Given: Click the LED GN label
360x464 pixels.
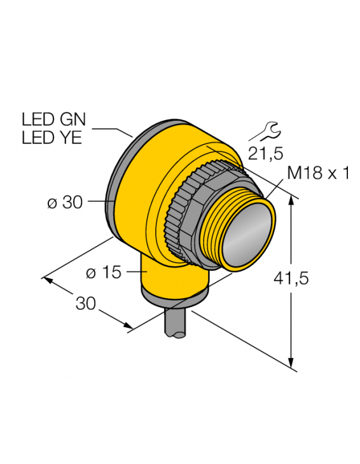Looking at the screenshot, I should (x=53, y=119).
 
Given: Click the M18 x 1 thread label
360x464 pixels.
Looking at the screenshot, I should (x=318, y=173).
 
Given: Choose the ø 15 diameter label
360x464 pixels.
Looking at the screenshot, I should (x=102, y=273).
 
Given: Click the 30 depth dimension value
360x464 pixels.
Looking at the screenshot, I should (x=86, y=304).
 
